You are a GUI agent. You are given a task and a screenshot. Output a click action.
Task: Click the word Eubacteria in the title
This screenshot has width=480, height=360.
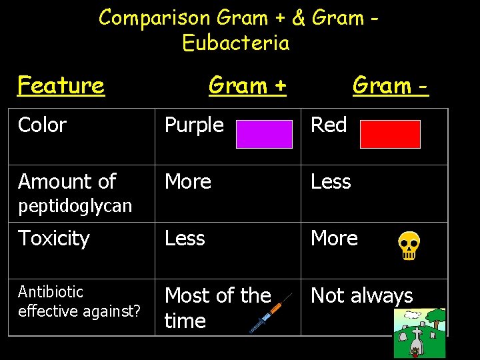[236, 43]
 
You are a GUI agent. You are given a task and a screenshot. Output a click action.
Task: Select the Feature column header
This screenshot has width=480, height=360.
[61, 85]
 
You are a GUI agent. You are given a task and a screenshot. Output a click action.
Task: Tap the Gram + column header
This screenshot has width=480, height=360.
[247, 85]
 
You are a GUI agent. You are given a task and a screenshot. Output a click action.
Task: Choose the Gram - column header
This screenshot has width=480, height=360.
[390, 85]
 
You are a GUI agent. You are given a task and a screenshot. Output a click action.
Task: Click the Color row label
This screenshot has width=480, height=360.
[43, 125]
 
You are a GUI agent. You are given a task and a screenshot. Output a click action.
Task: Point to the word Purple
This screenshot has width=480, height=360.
[194, 125]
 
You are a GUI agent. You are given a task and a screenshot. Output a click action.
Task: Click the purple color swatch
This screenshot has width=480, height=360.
[265, 133]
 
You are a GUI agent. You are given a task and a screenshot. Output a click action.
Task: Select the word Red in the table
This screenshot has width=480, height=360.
[329, 125]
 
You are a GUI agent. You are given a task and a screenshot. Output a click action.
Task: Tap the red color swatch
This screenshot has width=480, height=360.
[390, 133]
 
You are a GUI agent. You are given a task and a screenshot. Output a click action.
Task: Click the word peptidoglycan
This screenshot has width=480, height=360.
[75, 206]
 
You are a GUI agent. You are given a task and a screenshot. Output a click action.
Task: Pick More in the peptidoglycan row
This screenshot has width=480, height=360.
[188, 182]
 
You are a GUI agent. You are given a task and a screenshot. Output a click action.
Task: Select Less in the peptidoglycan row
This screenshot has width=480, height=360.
[331, 182]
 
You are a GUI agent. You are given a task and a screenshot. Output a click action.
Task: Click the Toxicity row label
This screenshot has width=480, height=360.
[54, 239]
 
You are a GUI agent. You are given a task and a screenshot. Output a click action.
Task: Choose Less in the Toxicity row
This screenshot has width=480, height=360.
[185, 239]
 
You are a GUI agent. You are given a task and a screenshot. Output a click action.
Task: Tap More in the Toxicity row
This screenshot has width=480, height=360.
[334, 239]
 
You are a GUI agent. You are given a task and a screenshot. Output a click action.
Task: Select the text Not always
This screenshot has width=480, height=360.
[362, 296]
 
